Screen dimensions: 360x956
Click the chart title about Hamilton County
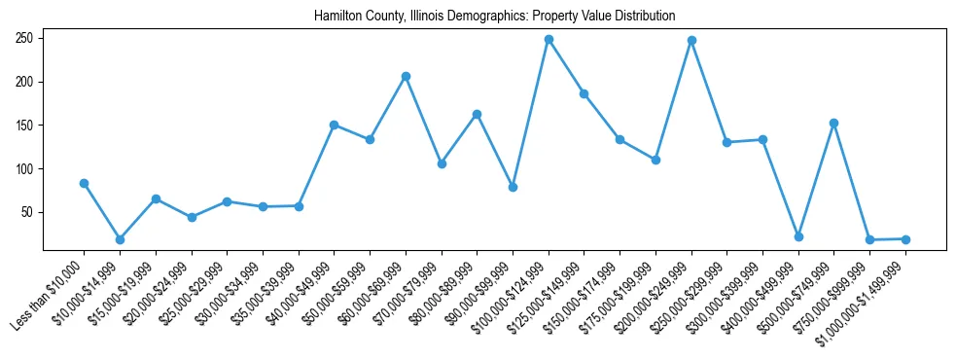click(x=494, y=17)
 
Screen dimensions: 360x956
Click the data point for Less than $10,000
click(x=84, y=183)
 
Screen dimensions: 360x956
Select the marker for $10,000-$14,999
click(x=120, y=239)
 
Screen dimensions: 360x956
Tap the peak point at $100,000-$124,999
click(x=549, y=40)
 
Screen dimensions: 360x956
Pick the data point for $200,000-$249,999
click(x=691, y=41)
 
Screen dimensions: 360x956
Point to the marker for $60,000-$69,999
click(x=406, y=76)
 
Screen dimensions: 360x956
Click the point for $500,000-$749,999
click(x=833, y=124)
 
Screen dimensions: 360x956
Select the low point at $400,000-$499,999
click(x=798, y=236)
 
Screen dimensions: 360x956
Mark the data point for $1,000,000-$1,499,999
click(x=905, y=238)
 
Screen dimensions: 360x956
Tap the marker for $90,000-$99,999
click(x=513, y=187)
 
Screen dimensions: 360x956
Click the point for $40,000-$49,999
click(x=334, y=125)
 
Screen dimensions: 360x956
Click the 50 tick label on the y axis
click(x=28, y=212)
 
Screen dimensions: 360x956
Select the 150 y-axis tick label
click(x=25, y=126)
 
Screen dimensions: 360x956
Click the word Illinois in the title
click(x=423, y=17)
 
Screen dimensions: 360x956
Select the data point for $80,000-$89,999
click(x=477, y=114)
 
